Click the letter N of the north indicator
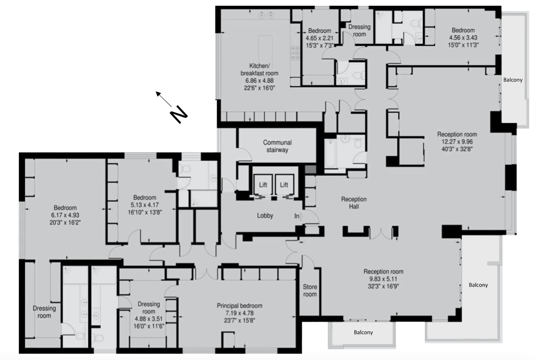[x=179, y=114]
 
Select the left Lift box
[x=263, y=185]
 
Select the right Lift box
[x=284, y=185]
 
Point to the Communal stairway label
[x=277, y=146]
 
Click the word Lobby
[x=265, y=215]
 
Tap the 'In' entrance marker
[x=297, y=216]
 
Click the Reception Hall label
[x=354, y=203]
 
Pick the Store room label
[x=310, y=291]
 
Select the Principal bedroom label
[x=240, y=306]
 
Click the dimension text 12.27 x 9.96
[x=457, y=142]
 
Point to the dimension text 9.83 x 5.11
[x=383, y=279]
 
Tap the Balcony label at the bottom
[x=363, y=332]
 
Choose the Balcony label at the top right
[x=513, y=80]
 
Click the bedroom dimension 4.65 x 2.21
[x=319, y=38]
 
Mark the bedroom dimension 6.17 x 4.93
[x=65, y=215]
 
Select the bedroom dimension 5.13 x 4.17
[x=145, y=205]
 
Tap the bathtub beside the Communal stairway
[x=330, y=153]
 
